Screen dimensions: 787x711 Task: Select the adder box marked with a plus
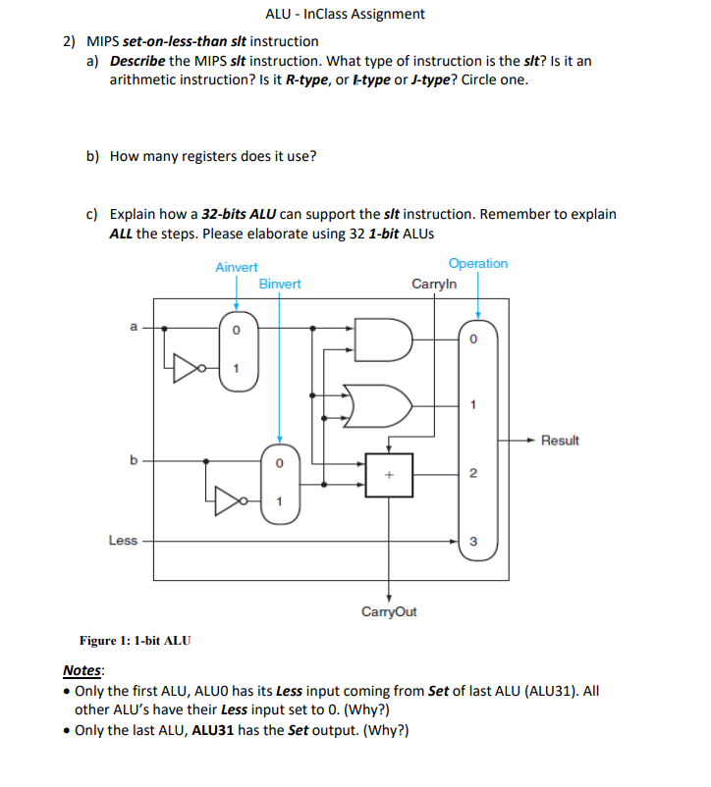[x=389, y=474]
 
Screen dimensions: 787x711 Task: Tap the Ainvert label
[x=236, y=267]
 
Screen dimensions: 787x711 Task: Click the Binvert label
[x=280, y=285]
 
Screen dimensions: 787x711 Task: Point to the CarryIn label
[x=433, y=285]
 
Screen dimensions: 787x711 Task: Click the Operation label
[x=477, y=264]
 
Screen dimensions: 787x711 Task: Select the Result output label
[x=560, y=441]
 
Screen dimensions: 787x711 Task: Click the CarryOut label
[x=389, y=611]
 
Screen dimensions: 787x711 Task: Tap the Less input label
[x=123, y=541]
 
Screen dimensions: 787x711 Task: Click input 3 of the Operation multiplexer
[x=472, y=541]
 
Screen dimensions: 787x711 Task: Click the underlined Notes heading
[x=82, y=671]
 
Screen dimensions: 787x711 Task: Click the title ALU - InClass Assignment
[x=345, y=14]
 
